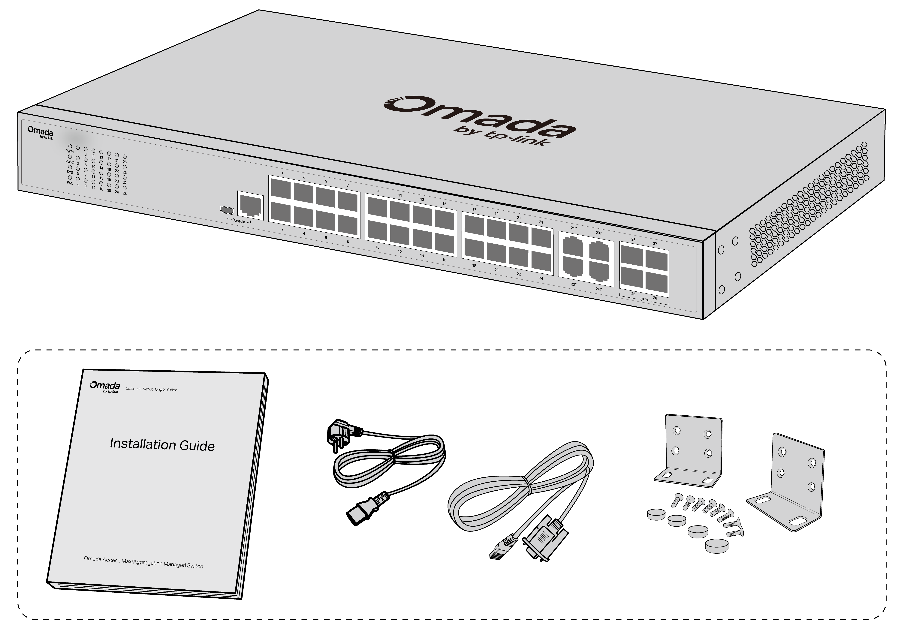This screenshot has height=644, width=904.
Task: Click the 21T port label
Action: click(x=574, y=228)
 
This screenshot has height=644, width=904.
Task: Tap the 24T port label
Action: click(x=599, y=289)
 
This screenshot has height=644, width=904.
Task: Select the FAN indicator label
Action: click(x=70, y=183)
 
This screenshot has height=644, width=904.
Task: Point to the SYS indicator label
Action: click(x=70, y=173)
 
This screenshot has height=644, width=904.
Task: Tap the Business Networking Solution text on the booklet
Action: click(x=152, y=389)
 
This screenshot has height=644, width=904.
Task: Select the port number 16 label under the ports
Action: click(x=444, y=260)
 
